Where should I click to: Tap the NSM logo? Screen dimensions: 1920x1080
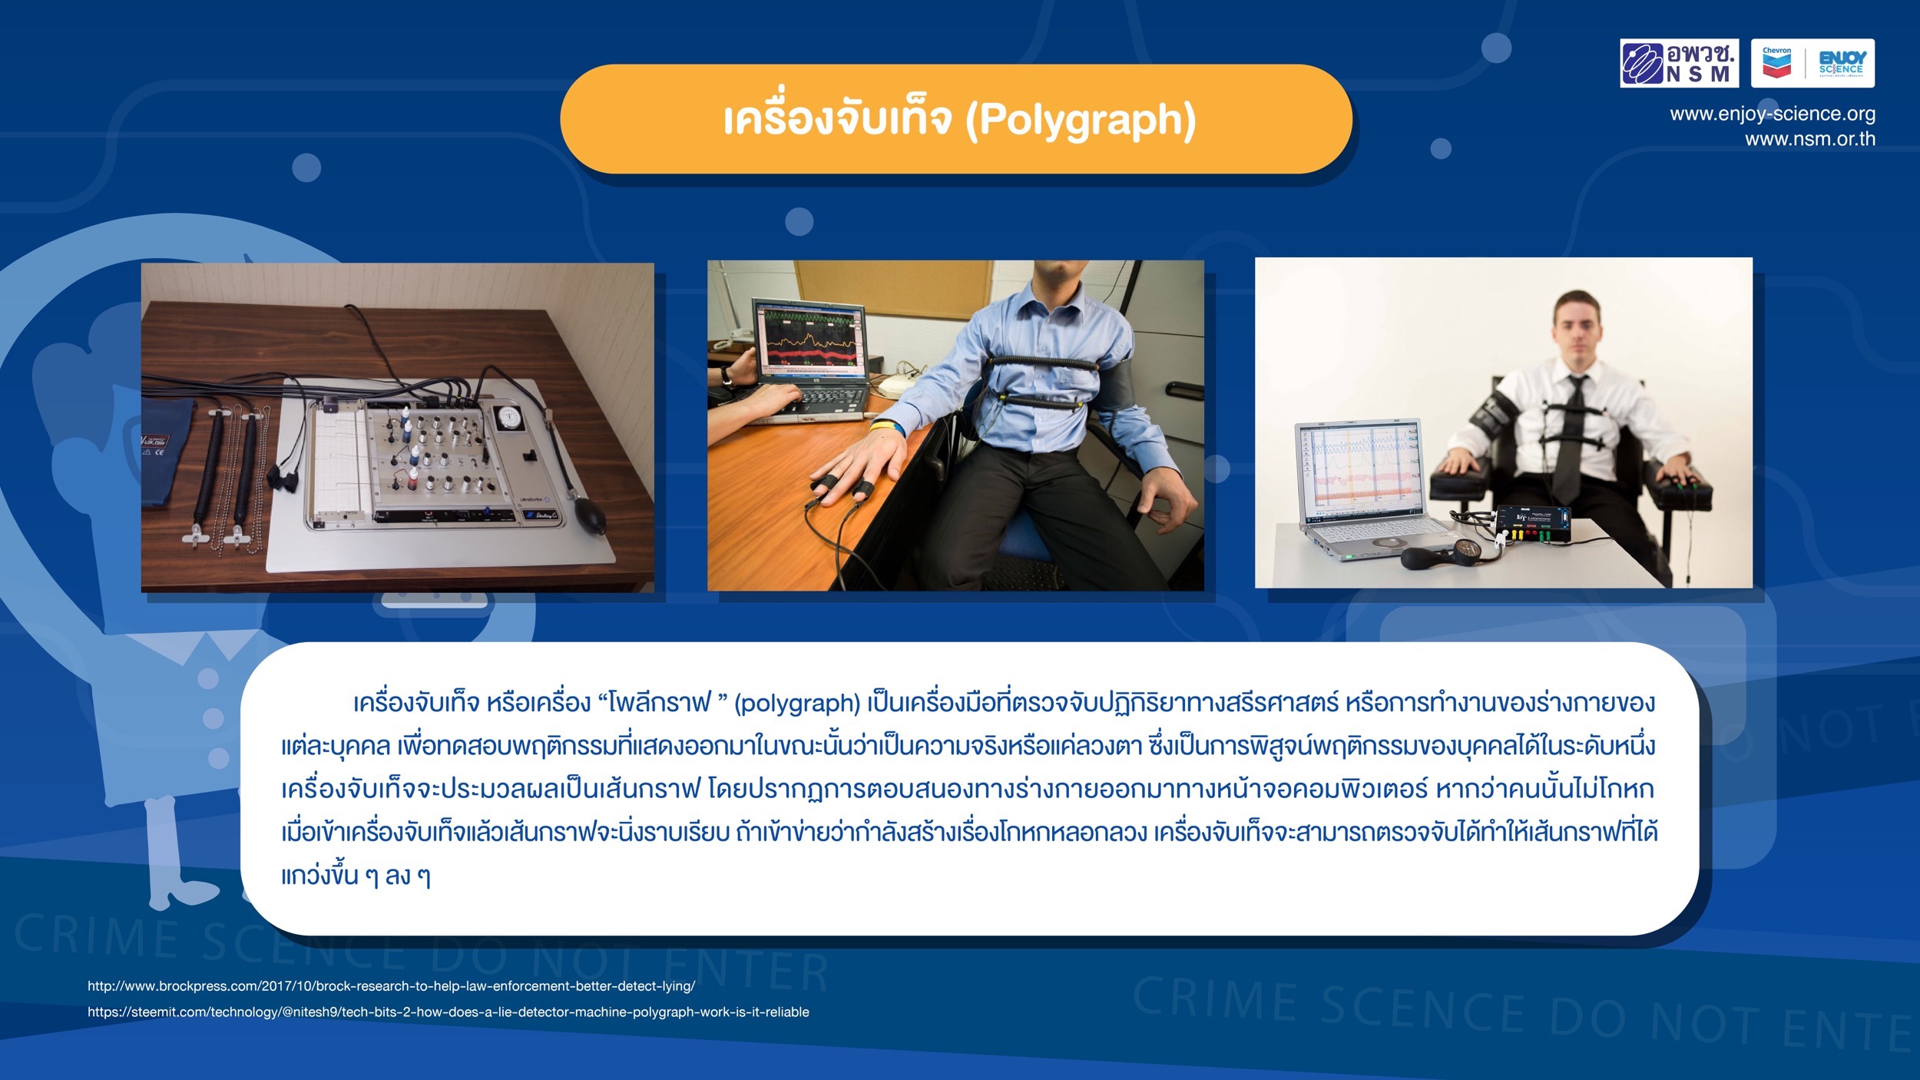1680,63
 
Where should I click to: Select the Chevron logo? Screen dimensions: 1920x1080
1777,63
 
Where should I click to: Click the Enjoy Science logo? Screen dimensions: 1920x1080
1842,63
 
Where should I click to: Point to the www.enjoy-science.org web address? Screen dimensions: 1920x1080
1773,114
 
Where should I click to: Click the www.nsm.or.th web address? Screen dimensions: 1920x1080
1810,139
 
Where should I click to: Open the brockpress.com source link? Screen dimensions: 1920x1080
392,986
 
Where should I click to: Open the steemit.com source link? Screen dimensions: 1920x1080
449,1012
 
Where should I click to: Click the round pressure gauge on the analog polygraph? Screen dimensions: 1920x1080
508,419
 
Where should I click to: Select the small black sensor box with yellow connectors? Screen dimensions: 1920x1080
1532,525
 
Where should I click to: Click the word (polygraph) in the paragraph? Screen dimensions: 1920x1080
797,704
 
